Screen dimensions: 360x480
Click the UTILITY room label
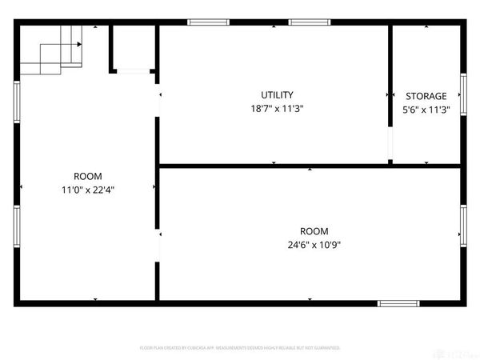click(x=277, y=94)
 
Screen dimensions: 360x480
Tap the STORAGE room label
click(x=426, y=96)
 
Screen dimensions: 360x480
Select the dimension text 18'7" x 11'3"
click(x=277, y=109)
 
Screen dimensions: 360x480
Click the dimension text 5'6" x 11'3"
click(x=426, y=110)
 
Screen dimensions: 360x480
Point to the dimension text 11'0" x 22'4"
click(x=88, y=190)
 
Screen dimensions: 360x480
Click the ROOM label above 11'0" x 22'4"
click(x=88, y=176)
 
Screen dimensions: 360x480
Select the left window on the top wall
click(x=208, y=22)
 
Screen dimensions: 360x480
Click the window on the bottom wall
click(x=398, y=303)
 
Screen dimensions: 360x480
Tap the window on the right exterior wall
click(x=462, y=223)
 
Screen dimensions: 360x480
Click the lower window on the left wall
click(x=16, y=227)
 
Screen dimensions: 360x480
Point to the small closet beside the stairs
click(x=132, y=48)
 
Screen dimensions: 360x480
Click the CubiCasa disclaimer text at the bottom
click(x=240, y=348)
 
